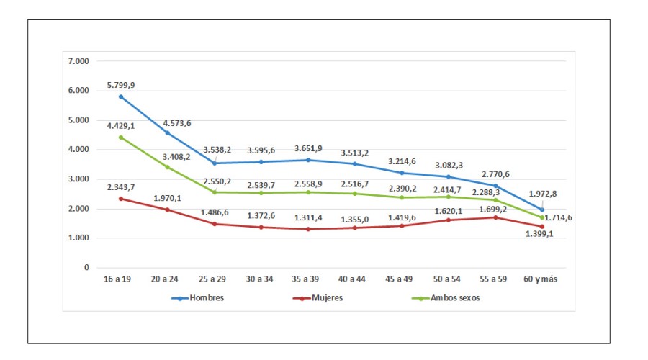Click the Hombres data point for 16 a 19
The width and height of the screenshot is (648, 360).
(x=120, y=96)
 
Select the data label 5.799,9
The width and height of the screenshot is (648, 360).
(x=120, y=85)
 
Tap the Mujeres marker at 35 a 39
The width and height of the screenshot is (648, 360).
(x=307, y=229)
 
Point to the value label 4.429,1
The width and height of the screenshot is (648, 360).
(x=120, y=127)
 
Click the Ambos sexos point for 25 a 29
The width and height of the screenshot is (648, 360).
(x=214, y=192)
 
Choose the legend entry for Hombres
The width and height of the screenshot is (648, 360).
(x=197, y=297)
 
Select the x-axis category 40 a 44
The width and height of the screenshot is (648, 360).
(x=354, y=278)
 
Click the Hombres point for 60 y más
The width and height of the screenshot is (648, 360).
(x=541, y=210)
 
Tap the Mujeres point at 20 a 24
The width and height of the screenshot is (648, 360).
(x=167, y=210)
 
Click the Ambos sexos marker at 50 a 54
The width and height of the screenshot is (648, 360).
(x=448, y=197)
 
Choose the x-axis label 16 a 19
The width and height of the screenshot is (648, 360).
(x=120, y=278)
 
